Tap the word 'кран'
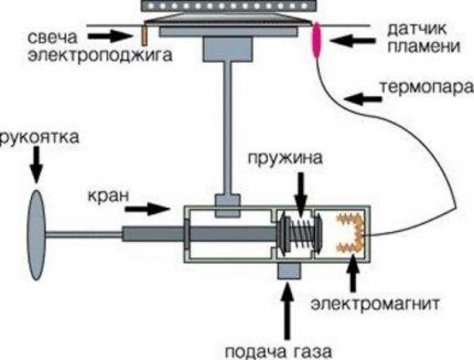coord(107,195)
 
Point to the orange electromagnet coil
coord(351,234)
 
